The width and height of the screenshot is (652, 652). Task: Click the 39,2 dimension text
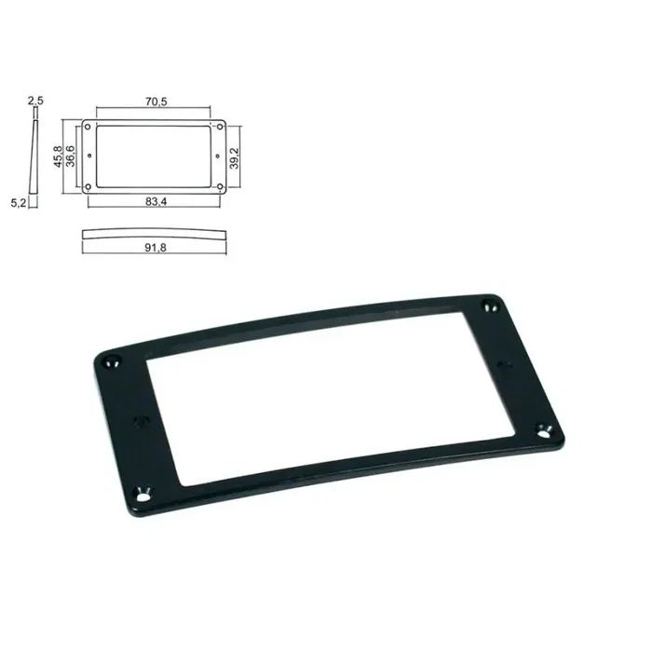[x=237, y=156]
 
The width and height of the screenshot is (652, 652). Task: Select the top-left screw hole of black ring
[x=114, y=357]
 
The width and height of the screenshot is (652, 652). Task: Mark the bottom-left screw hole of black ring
[x=144, y=495]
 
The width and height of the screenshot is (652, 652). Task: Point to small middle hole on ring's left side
[x=142, y=422]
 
